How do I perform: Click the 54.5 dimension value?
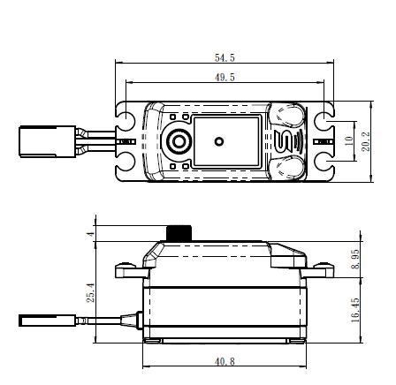(225, 58)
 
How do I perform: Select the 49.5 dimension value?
(225, 78)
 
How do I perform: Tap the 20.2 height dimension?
(366, 141)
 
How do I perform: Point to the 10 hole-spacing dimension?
(348, 141)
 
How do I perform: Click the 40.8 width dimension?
(225, 362)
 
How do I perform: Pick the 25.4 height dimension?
(91, 292)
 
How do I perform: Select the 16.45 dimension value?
(355, 310)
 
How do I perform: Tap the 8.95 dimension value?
(355, 259)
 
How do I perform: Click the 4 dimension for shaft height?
(91, 234)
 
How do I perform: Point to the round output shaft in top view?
(178, 141)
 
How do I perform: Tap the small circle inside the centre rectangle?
(218, 141)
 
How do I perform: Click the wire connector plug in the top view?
(48, 141)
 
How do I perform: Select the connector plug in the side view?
(48, 321)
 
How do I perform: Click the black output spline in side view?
(179, 233)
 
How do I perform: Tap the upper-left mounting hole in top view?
(126, 117)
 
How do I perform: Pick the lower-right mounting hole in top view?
(324, 167)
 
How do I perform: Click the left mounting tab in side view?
(131, 270)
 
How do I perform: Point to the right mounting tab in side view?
(317, 270)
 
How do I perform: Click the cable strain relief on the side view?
(130, 321)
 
